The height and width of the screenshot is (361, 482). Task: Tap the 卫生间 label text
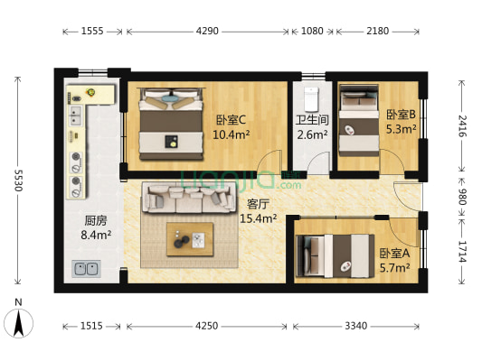point(312,120)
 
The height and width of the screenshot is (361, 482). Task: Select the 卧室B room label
point(401,115)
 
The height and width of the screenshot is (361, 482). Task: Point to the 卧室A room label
point(394,254)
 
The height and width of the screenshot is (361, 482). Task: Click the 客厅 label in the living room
point(258,203)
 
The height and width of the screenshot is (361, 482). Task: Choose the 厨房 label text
point(97,221)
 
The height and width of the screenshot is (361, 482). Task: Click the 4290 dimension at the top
point(207,31)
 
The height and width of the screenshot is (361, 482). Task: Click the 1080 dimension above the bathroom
point(311,31)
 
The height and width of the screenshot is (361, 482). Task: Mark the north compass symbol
point(19,321)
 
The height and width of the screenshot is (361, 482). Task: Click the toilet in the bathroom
point(312,97)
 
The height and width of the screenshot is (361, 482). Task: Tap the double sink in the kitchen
point(86,268)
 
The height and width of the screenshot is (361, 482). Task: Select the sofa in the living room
point(188,198)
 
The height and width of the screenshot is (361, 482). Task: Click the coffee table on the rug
point(190,238)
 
